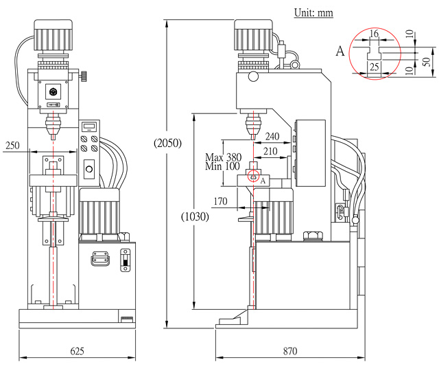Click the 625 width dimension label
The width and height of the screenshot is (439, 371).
(77, 351)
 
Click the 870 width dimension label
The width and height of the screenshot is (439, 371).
(290, 351)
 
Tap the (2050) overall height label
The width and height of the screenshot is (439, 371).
(167, 143)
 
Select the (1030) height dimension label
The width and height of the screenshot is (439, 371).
(195, 216)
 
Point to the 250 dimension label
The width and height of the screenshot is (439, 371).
(12, 146)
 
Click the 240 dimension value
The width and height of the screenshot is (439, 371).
(272, 137)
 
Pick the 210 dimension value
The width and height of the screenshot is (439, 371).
(270, 151)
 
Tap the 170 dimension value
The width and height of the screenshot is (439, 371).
(220, 201)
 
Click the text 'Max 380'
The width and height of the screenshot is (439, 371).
(223, 157)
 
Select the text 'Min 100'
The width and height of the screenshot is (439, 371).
(222, 166)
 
